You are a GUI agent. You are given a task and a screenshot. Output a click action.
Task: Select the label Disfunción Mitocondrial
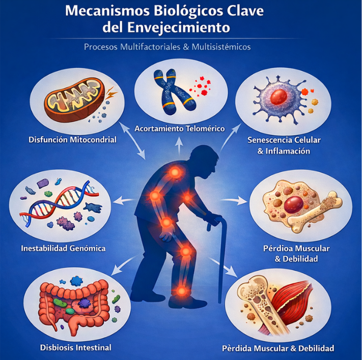click(73, 139)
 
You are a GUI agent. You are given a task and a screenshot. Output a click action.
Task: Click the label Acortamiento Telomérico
click(179, 129)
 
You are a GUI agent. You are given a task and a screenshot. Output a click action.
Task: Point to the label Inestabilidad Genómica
click(63, 249)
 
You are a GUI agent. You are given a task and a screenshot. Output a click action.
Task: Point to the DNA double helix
click(61, 203)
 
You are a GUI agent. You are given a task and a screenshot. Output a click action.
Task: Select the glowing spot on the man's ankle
click(181, 291)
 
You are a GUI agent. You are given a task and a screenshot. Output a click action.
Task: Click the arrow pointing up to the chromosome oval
click(178, 142)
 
